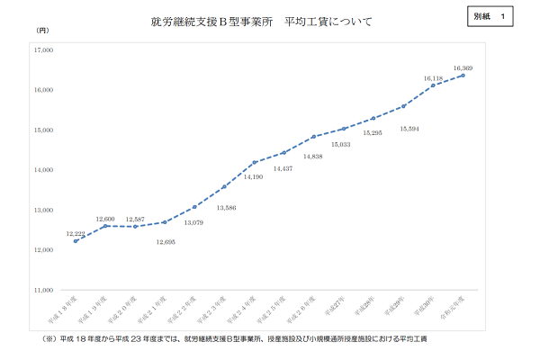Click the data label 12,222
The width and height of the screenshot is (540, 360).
(x=76, y=233)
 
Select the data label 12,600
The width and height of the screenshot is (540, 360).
(x=104, y=219)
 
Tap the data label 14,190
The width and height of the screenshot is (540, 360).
(x=253, y=177)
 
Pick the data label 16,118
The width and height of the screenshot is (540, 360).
(x=434, y=78)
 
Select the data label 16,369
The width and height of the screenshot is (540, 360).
(x=463, y=68)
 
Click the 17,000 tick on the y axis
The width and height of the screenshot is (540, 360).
(x=42, y=50)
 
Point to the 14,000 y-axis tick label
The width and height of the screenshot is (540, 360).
(x=42, y=170)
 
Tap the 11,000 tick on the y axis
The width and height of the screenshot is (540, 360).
(x=42, y=291)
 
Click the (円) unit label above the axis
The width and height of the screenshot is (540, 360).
(x=43, y=32)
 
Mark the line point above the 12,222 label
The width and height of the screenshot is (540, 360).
(x=76, y=241)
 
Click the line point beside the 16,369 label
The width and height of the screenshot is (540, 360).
(x=463, y=76)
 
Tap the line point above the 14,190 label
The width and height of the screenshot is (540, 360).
(x=255, y=162)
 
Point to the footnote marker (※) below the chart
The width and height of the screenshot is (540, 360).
(x=49, y=340)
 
